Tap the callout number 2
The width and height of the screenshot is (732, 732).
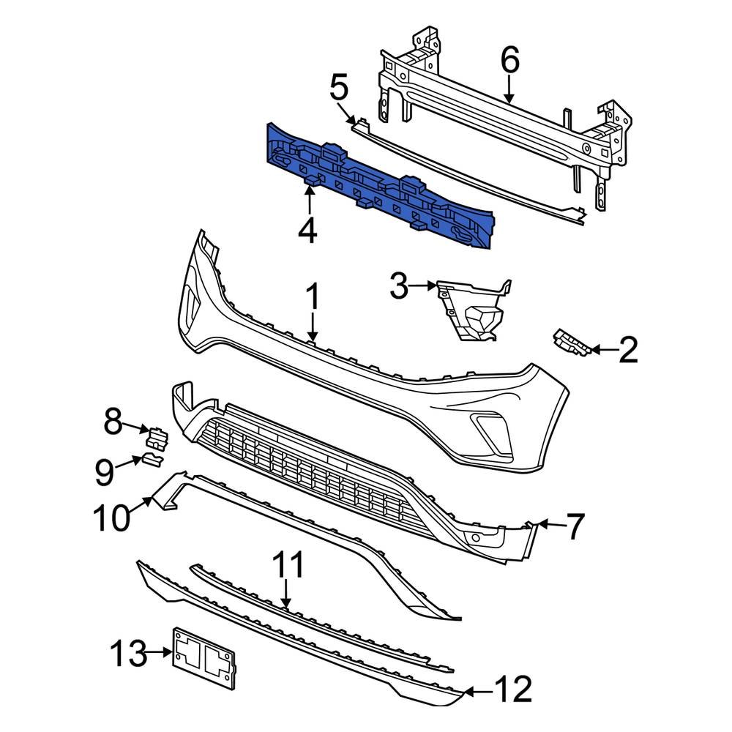point(627,351)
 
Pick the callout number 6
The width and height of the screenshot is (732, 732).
point(509,60)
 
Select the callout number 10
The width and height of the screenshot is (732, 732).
point(111,518)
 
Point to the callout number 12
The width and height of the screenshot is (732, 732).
point(512,690)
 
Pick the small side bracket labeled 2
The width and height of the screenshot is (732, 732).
point(571,342)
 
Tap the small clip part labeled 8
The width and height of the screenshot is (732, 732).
point(157,436)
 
